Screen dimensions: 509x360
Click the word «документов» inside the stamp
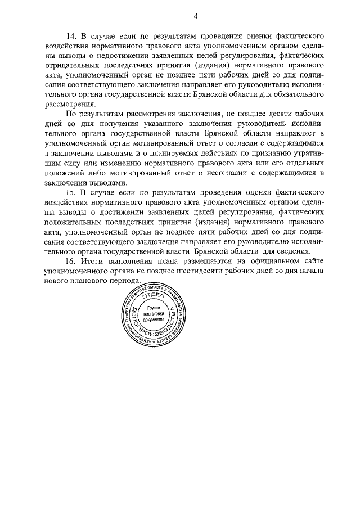tap(154, 320)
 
